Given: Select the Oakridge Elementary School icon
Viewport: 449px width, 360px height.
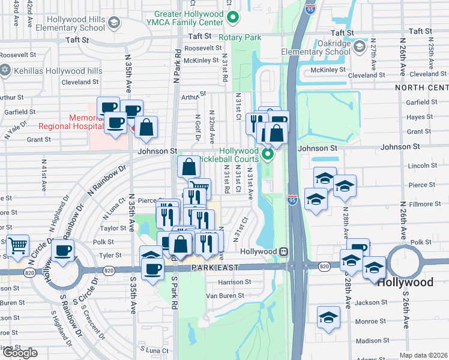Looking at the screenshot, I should coord(359,46).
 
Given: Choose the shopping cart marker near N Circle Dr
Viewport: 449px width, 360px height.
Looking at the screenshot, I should coord(17,244).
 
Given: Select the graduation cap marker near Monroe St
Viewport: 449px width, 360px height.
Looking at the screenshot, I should coord(328,317).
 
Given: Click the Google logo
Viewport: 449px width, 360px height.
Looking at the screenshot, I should coord(20,353).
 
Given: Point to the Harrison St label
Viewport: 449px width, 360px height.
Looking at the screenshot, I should coord(231,282).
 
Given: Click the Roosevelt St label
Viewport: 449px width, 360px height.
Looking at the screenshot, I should coord(203,48).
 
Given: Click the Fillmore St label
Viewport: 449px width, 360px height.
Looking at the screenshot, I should coord(418,205).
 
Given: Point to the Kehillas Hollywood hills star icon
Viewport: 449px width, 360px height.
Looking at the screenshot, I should coord(6,71).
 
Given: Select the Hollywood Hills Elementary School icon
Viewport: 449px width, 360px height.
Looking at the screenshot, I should coord(113,23).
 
